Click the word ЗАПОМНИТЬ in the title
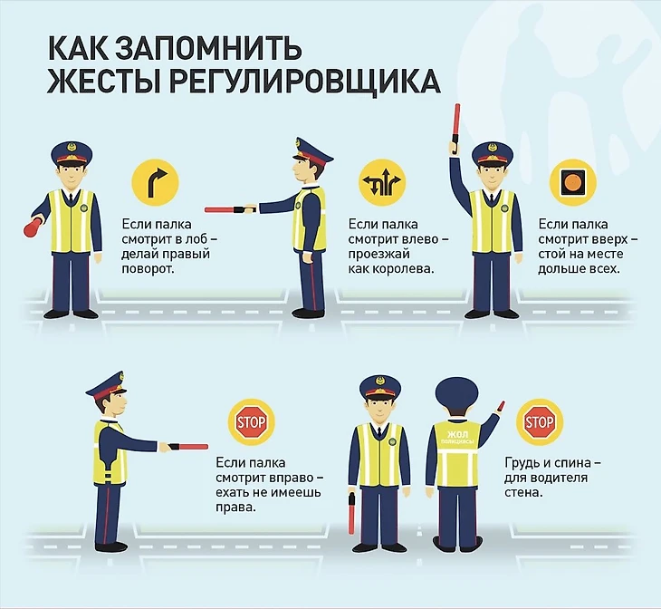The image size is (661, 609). [x=208, y=48]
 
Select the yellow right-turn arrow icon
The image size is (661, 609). [x=155, y=182]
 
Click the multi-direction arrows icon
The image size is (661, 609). [x=382, y=182]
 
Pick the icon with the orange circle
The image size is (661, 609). [x=573, y=182]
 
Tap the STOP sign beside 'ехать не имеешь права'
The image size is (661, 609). [x=251, y=422]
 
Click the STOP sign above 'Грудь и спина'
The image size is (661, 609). [x=540, y=422]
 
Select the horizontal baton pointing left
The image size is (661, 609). [x=231, y=209]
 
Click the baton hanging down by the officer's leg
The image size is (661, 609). [x=351, y=512]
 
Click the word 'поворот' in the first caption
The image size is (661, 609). [x=147, y=269]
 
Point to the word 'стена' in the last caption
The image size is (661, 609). [x=522, y=493]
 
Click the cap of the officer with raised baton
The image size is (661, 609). [x=492, y=154]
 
